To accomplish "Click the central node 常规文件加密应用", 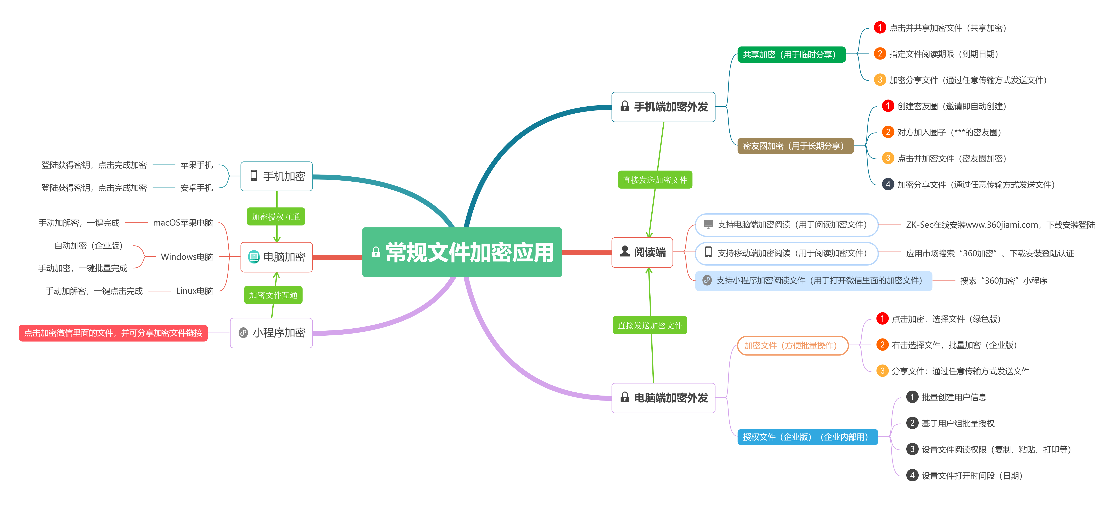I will point(462,252).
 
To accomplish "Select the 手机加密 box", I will point(277,176).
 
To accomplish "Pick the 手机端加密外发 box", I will point(663,107).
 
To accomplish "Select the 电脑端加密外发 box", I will point(663,398).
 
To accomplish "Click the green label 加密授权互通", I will point(276,217).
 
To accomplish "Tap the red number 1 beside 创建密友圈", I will point(888,106).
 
